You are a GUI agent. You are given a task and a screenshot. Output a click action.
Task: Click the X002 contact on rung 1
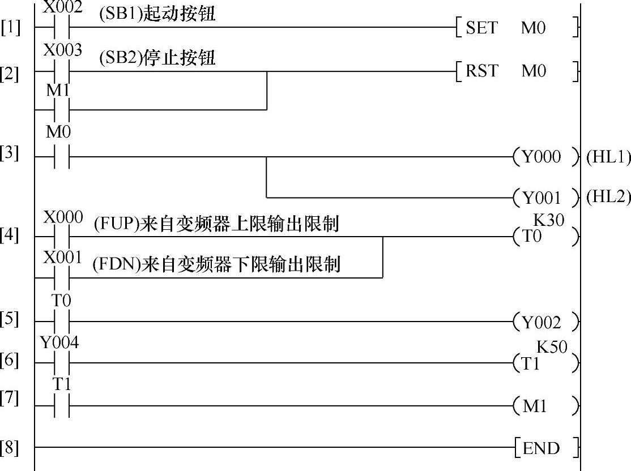[x=62, y=27]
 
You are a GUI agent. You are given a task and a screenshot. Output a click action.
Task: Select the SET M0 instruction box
[x=517, y=28]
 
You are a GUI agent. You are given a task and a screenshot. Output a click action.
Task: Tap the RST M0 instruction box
[x=517, y=71]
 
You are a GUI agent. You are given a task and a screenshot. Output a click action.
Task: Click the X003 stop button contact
[x=62, y=71]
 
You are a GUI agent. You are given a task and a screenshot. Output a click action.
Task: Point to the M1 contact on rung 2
[x=62, y=109]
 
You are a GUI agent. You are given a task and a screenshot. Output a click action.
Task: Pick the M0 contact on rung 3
[x=62, y=157]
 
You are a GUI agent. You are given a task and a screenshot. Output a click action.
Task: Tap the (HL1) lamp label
[x=608, y=157]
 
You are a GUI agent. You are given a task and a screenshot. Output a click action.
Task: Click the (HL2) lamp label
[x=608, y=197]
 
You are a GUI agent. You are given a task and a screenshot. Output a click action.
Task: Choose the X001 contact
[x=62, y=277]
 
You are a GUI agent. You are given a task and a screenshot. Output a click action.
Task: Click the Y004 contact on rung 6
[x=62, y=363]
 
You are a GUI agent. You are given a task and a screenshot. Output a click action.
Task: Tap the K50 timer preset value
[x=552, y=347]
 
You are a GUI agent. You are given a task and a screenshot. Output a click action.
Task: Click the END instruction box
[x=546, y=448]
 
